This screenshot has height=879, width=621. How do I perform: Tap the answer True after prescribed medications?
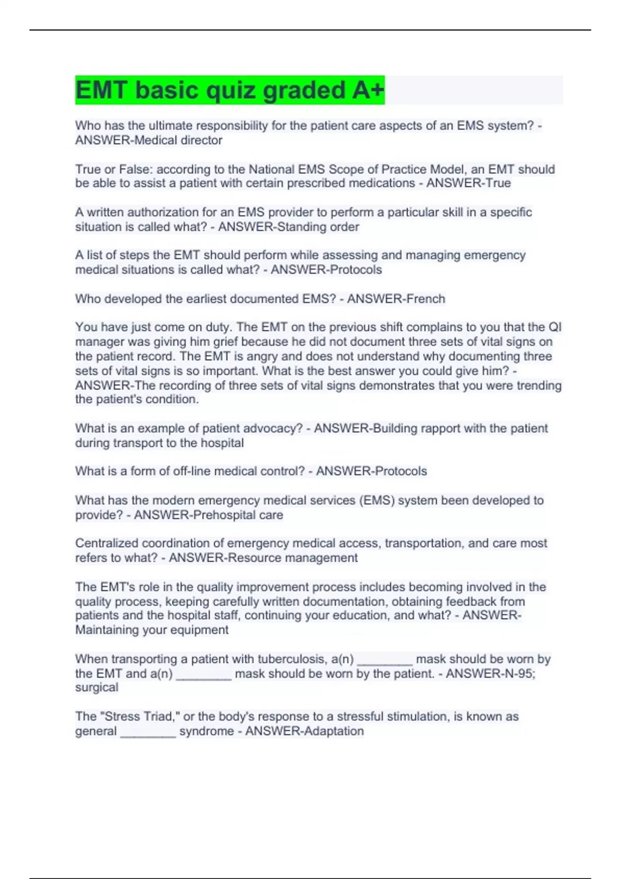(x=498, y=183)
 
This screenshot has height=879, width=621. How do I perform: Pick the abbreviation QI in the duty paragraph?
(x=555, y=327)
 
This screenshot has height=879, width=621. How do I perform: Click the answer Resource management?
(x=292, y=558)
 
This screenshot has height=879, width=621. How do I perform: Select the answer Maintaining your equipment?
(x=152, y=630)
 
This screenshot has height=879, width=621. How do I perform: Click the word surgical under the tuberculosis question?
(x=97, y=688)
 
